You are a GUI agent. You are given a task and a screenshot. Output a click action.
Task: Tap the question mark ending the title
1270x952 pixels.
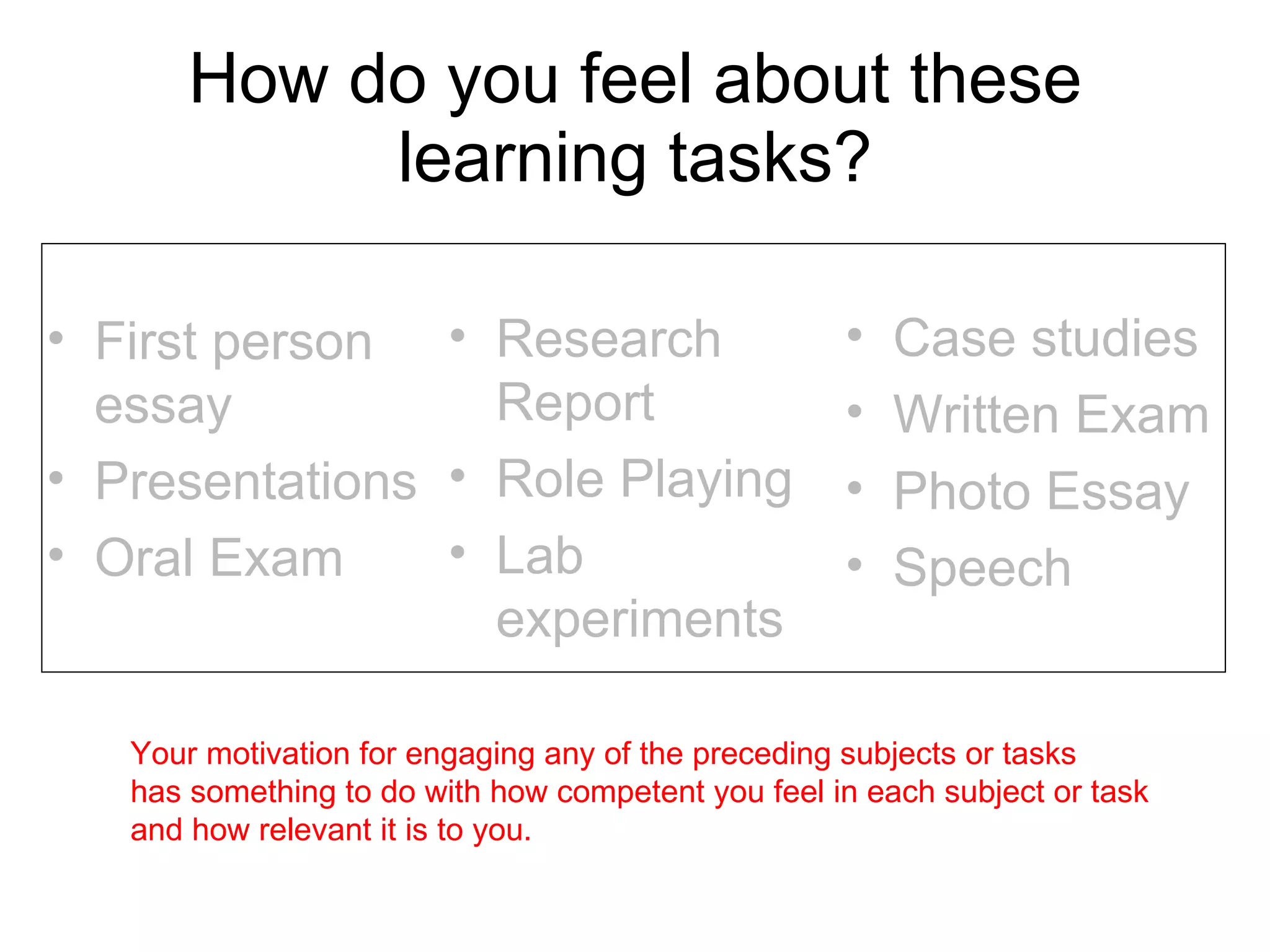click(x=851, y=157)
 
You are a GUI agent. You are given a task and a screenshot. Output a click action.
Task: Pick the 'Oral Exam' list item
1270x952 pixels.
click(x=218, y=558)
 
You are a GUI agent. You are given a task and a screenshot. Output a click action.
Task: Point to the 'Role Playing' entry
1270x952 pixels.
click(x=644, y=479)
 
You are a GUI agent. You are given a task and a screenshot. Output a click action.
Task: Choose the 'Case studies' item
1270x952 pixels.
click(x=1045, y=338)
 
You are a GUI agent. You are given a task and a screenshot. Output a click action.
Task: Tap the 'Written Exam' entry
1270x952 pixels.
click(x=1051, y=415)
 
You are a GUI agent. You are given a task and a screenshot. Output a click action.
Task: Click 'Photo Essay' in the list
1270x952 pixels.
click(x=1041, y=491)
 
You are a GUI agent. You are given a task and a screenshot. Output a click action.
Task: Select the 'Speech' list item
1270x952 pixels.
click(x=982, y=568)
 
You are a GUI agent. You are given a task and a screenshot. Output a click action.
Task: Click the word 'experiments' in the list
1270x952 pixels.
click(x=639, y=619)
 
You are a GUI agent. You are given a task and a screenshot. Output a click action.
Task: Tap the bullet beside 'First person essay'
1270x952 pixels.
click(x=56, y=338)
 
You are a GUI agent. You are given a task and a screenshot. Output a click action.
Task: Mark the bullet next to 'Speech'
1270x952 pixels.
click(x=855, y=565)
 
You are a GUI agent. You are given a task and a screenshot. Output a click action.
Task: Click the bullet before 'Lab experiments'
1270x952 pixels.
click(x=458, y=552)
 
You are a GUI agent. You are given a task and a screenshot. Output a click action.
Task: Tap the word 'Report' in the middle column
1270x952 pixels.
click(x=575, y=403)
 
